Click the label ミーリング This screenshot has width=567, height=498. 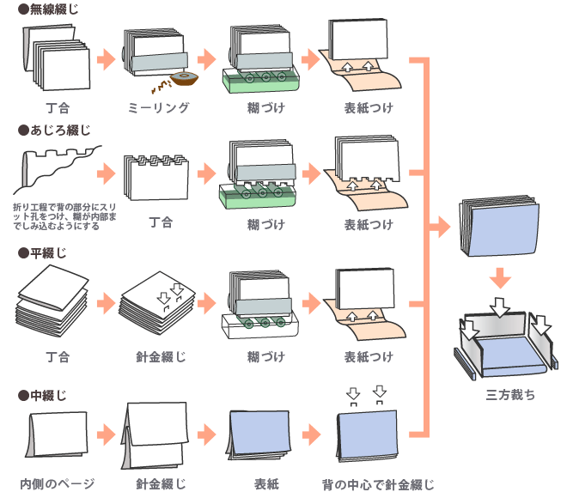point(158,107)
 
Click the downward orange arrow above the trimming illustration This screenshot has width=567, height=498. point(503,280)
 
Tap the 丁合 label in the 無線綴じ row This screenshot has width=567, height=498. point(58,107)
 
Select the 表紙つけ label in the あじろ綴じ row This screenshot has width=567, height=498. point(369,224)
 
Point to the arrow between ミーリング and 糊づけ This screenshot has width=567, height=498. point(206,60)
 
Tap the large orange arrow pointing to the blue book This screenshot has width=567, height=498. point(438,228)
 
